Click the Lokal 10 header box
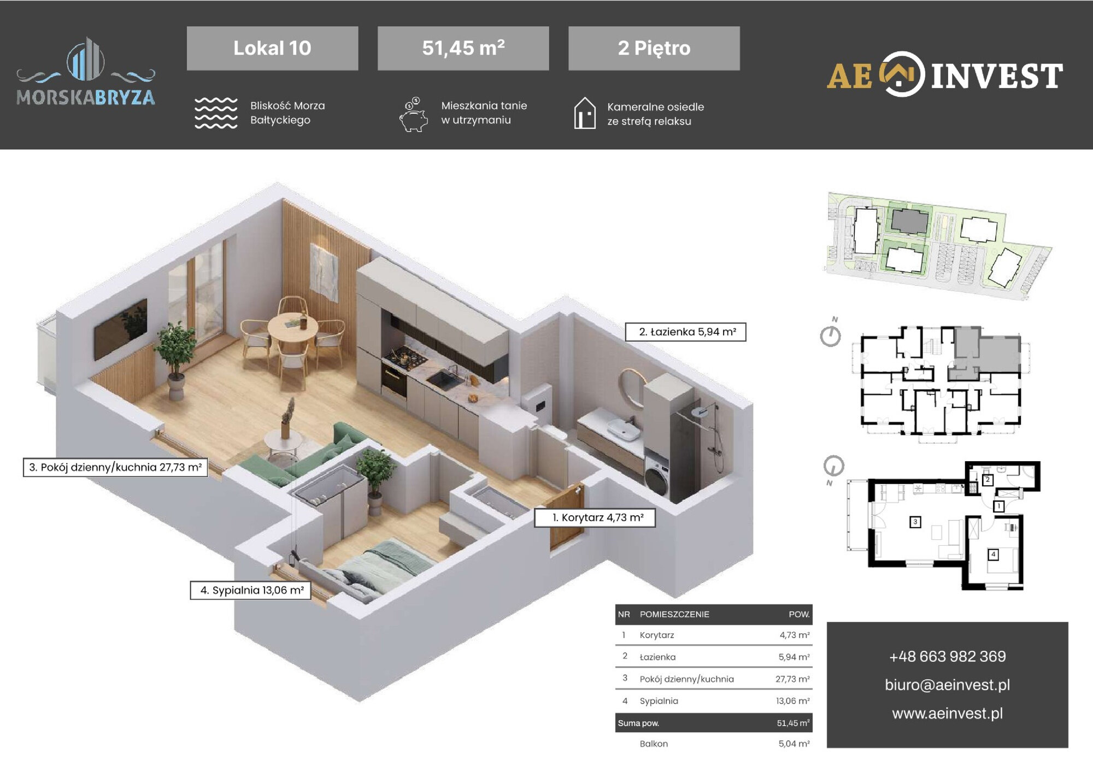272,48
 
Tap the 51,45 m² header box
463,48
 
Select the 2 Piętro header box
654,48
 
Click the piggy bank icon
414,115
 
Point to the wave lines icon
216,113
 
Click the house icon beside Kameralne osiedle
585,113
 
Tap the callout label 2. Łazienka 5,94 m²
686,332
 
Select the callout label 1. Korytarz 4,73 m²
595,517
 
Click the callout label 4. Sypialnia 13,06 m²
251,590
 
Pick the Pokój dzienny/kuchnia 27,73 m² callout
115,467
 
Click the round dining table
292,328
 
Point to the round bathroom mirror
632,387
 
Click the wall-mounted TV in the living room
121,328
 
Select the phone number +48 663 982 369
947,656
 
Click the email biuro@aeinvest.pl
947,685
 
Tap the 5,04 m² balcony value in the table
794,744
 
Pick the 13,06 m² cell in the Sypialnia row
792,701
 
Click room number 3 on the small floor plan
915,522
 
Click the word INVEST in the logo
997,76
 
